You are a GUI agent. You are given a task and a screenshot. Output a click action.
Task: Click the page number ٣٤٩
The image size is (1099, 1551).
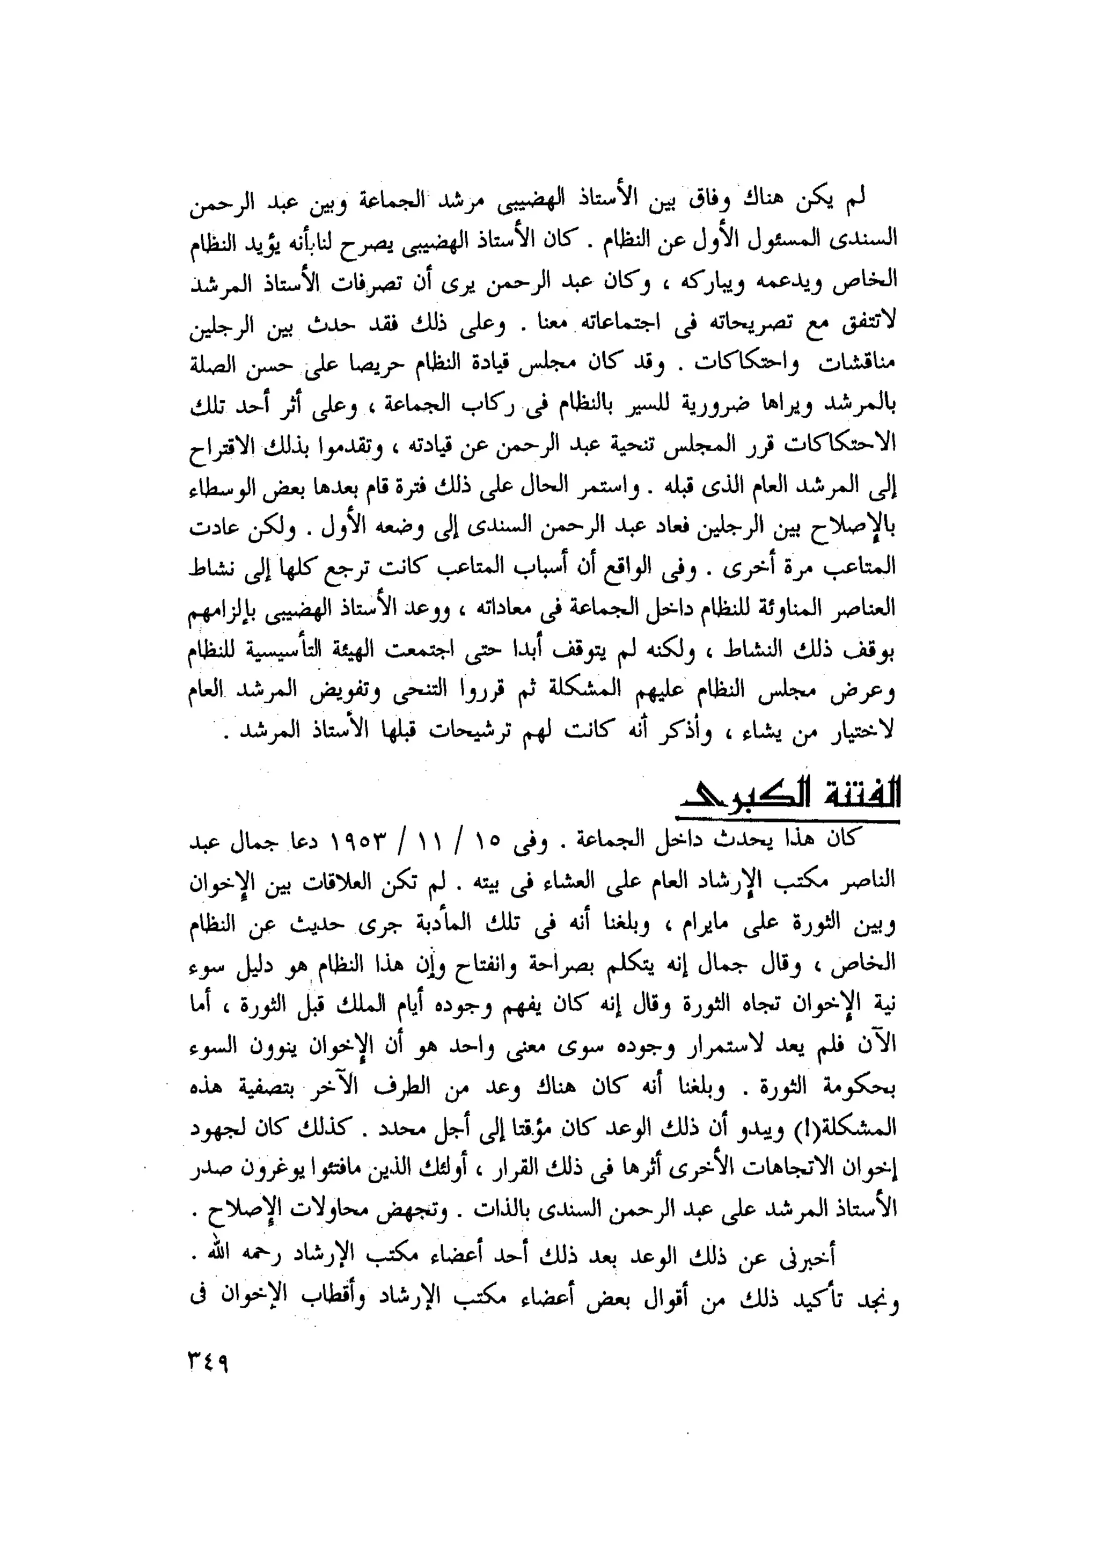(x=208, y=1359)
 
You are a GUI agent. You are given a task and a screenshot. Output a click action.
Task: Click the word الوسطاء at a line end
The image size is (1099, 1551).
(x=221, y=486)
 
